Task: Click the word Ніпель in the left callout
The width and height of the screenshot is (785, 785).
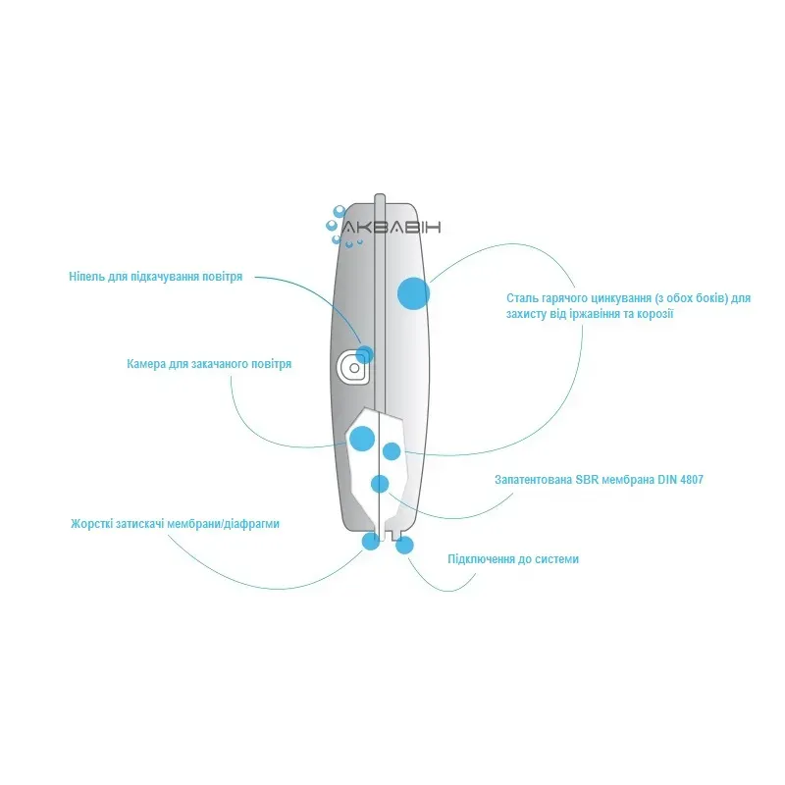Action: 87,278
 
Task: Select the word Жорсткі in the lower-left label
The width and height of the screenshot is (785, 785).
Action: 91,524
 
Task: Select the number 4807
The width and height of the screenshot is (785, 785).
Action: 689,481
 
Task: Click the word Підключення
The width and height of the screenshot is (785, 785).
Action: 481,559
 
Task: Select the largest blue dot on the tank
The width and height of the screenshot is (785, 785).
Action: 413,293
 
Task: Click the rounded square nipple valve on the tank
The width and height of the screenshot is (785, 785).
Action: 351,367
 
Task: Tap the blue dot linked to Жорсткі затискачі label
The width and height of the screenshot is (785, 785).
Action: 370,541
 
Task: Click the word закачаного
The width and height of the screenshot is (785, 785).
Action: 214,364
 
